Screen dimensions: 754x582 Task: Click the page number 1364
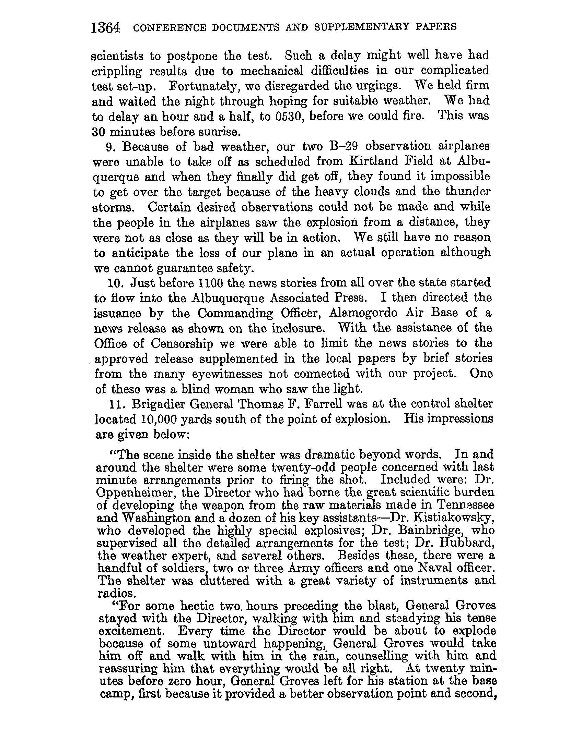[105, 27]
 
